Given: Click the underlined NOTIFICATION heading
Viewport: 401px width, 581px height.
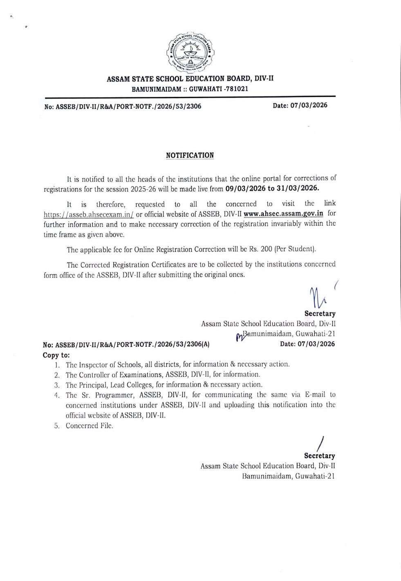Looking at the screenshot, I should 190,155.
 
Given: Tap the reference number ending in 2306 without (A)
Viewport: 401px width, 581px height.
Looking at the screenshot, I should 123,106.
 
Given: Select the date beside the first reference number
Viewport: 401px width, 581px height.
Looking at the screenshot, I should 300,105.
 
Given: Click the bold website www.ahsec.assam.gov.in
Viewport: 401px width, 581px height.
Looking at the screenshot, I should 284,213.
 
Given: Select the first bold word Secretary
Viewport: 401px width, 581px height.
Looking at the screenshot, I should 320,314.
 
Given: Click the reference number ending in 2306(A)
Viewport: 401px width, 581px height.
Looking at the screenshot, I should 126,344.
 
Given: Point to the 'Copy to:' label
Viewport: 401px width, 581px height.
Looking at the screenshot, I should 56,355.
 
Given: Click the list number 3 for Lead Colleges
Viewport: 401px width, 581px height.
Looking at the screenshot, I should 57,385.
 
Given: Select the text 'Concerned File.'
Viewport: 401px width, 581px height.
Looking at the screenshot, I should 90,426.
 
